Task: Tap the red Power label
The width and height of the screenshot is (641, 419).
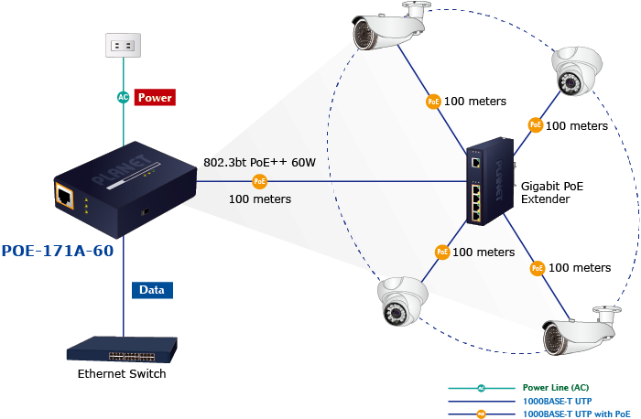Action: tap(155, 97)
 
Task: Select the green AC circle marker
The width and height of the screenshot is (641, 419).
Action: tap(124, 97)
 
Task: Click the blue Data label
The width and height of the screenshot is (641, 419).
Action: tap(151, 290)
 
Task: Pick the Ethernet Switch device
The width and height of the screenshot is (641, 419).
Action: tap(123, 349)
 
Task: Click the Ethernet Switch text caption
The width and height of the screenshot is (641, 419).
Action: tap(122, 373)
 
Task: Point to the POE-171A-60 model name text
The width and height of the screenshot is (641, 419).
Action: tap(58, 250)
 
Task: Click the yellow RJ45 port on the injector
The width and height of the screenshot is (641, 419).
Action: tap(66, 195)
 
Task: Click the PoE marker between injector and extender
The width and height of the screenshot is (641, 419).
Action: tap(260, 182)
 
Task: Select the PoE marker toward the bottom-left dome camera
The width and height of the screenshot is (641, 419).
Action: tap(442, 251)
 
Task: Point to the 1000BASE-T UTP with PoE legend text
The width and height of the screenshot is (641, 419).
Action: tap(577, 414)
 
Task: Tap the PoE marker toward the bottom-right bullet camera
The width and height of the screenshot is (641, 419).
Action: tap(538, 268)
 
